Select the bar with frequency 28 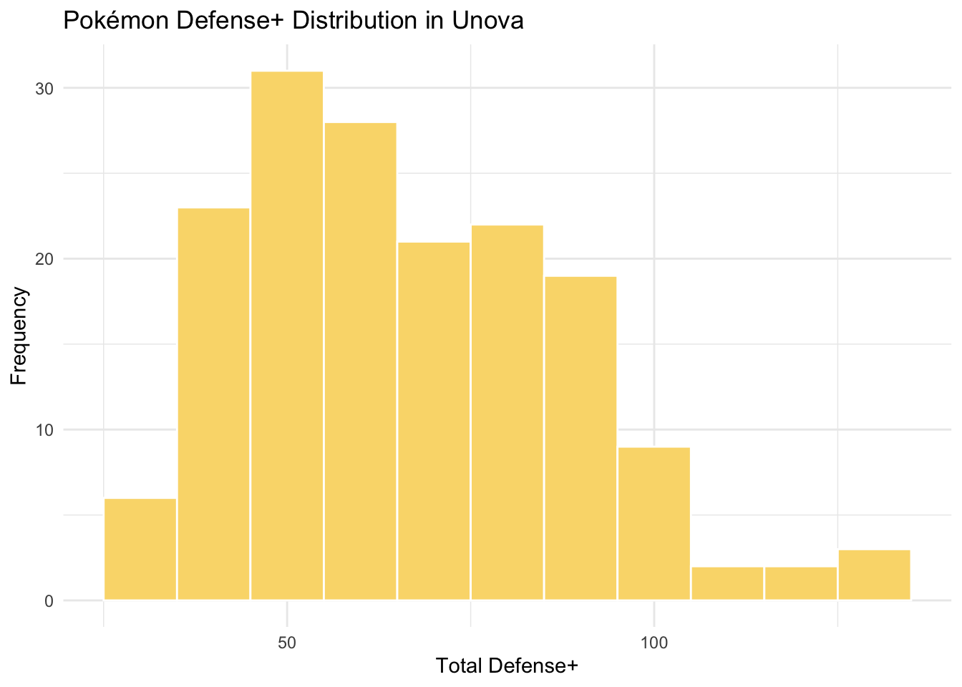point(360,361)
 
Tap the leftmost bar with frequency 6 point(140,549)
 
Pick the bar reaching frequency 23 point(213,404)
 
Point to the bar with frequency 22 point(507,412)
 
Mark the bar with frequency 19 point(580,438)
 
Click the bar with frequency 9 point(654,523)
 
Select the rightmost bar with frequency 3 point(874,575)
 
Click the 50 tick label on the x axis point(287,642)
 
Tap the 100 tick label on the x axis point(654,642)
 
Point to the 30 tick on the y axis point(45,89)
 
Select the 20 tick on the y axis point(45,259)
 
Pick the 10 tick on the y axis point(45,430)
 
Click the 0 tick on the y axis point(49,601)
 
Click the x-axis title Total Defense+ point(507,667)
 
